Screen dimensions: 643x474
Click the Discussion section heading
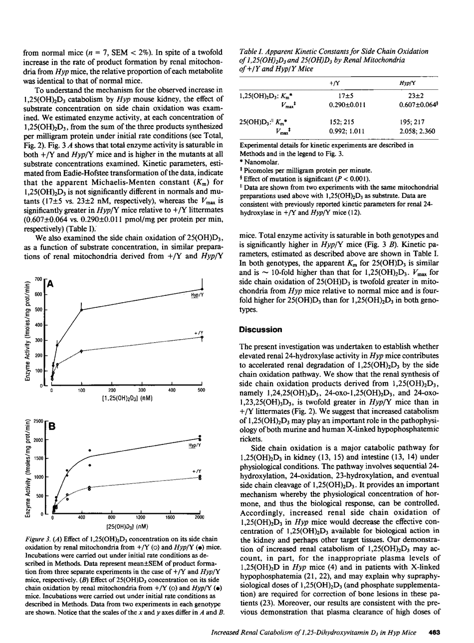(260, 330)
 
